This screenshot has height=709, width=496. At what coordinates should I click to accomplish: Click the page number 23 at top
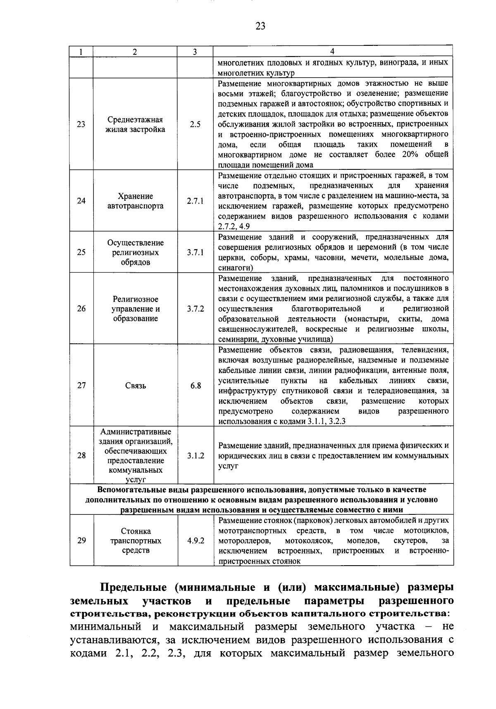(260, 26)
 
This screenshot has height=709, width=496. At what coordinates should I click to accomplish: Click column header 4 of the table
(333, 51)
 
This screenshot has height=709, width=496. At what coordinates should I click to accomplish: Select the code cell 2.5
(195, 124)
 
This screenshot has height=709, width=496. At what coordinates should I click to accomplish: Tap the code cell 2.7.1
(195, 201)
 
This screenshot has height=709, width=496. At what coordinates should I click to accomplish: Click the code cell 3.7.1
(195, 252)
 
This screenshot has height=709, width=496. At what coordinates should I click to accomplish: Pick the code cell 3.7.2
(195, 309)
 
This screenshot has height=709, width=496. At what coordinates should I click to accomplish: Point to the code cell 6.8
(195, 385)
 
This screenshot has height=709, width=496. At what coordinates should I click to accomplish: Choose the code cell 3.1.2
(195, 456)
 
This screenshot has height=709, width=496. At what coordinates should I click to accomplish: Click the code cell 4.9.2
(195, 540)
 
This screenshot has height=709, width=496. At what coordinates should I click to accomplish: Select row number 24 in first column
(81, 201)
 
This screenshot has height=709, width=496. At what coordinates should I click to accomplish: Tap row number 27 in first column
(81, 385)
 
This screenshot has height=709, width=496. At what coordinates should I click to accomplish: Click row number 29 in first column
(81, 540)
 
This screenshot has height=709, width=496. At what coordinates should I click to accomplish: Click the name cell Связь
(136, 386)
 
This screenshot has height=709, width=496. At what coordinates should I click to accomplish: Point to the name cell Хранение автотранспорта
(136, 201)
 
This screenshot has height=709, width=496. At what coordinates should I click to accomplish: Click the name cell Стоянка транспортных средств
(136, 541)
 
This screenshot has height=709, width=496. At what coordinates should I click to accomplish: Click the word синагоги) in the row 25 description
(233, 268)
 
